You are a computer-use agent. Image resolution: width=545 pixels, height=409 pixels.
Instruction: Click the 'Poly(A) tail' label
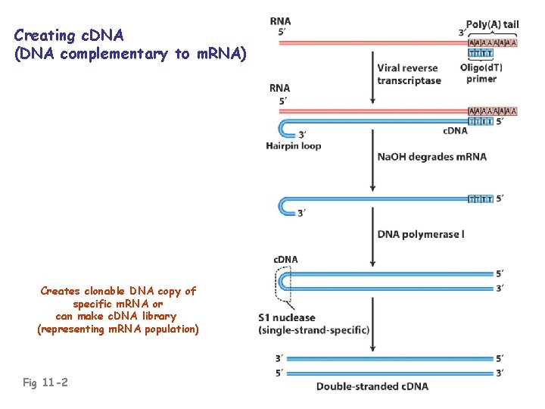(492, 24)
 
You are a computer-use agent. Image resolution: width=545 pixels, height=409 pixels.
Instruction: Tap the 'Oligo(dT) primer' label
(481, 73)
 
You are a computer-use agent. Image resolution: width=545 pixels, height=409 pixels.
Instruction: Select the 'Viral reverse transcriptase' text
(409, 74)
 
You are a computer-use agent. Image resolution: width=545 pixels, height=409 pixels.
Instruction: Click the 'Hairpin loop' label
(293, 145)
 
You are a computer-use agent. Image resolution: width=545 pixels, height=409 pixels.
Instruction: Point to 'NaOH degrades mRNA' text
(431, 157)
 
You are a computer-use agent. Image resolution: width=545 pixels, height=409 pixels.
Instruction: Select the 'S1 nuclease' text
(288, 317)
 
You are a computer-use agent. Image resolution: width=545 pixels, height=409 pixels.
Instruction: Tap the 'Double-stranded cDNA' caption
(372, 386)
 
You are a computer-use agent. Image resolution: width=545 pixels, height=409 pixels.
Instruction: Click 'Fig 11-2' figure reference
(45, 382)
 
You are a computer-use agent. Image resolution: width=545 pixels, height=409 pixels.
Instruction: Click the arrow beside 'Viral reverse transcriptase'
(371, 76)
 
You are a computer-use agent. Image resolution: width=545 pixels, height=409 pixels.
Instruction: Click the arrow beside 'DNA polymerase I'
(371, 231)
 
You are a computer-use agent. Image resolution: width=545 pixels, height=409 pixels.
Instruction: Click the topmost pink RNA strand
(371, 43)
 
